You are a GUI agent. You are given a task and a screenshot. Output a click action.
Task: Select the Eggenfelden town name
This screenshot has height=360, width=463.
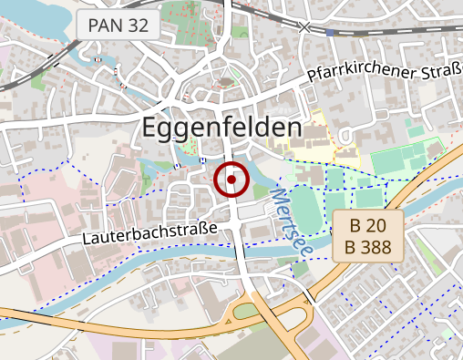pyautogui.click(x=221, y=129)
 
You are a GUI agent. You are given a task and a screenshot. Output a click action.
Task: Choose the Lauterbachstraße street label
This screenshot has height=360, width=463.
pyautogui.click(x=150, y=234)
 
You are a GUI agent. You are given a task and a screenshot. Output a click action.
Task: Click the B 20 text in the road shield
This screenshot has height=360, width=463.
pyautogui.click(x=367, y=225)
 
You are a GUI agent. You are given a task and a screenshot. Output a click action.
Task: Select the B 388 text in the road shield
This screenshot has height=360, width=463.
pyautogui.click(x=367, y=246)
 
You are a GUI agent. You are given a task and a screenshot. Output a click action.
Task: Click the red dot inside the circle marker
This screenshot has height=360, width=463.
pyautogui.click(x=232, y=180)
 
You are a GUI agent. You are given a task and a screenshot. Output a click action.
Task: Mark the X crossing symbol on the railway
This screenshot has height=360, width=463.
pyautogui.click(x=304, y=26)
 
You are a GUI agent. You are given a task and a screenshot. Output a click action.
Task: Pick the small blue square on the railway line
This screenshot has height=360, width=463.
pyautogui.click(x=328, y=32)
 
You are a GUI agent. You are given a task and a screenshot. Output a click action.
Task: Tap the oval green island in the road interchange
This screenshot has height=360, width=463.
pyautogui.click(x=246, y=312)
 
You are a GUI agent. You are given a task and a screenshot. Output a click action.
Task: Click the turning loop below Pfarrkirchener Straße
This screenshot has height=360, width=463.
pyautogui.click(x=347, y=135)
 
